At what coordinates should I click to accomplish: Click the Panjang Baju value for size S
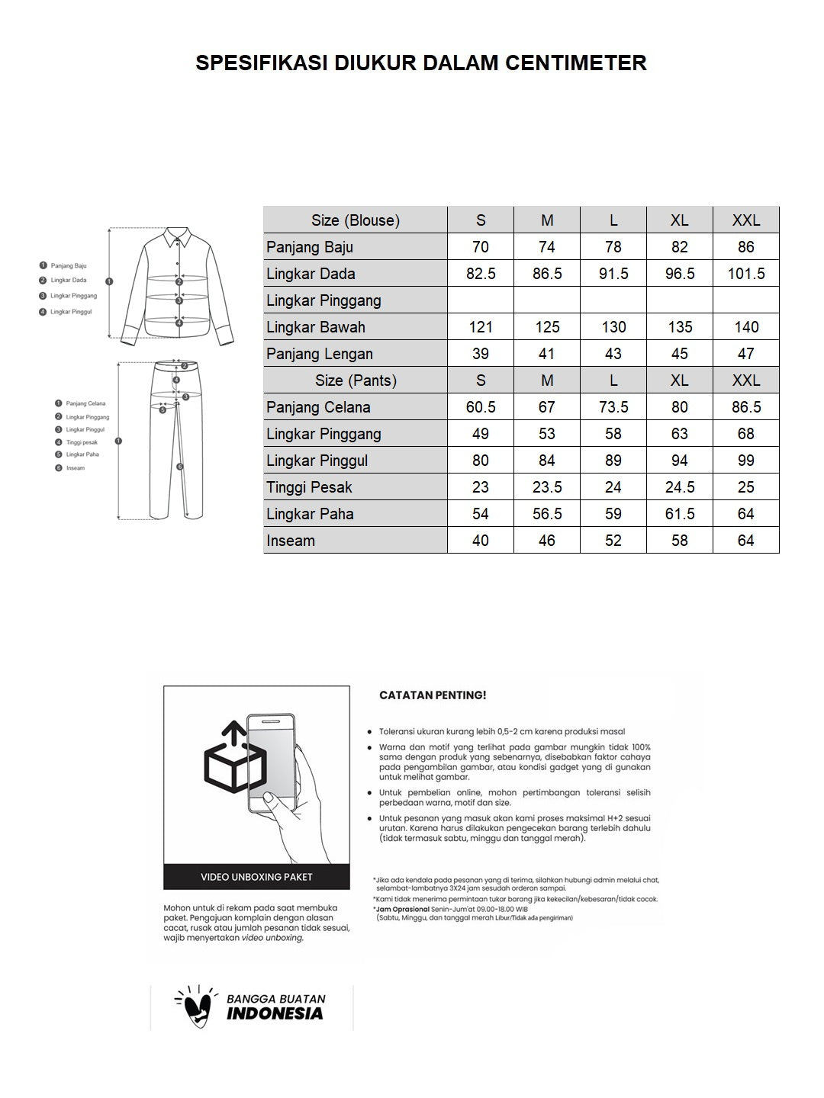481,247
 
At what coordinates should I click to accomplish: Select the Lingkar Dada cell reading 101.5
745,274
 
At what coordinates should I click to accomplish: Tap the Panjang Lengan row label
320,354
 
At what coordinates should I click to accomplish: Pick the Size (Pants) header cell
356,380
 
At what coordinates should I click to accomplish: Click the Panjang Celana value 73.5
613,407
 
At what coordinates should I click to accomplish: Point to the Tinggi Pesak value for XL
679,487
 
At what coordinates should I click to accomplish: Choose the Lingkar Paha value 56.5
547,514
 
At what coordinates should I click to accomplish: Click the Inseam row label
291,541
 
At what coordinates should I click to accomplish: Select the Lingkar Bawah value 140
745,327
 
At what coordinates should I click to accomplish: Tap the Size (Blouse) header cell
356,220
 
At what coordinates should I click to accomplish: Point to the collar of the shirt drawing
175,237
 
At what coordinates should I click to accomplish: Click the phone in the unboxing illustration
271,762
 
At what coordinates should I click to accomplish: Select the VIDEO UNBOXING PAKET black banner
256,877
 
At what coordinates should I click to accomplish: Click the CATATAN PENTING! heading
433,695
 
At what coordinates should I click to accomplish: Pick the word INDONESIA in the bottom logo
275,1014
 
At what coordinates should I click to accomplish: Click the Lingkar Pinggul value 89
613,461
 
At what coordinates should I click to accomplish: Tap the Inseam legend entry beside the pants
75,468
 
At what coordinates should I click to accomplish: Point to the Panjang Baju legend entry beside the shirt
68,266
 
